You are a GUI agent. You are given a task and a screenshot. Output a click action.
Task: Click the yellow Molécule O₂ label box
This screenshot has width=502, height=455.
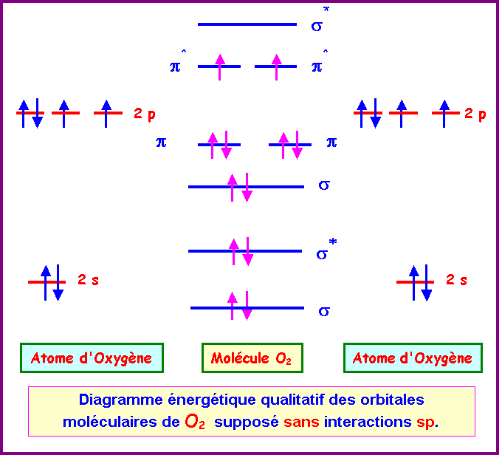click(252, 358)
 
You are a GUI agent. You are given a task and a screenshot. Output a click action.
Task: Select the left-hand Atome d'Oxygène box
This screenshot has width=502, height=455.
click(92, 358)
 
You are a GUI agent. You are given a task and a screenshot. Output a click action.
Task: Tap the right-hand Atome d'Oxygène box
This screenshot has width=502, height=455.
click(413, 358)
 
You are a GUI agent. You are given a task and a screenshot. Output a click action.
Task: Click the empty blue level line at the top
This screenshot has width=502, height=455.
click(247, 24)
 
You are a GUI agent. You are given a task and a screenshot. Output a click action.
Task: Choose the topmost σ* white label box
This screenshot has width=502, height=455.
click(329, 22)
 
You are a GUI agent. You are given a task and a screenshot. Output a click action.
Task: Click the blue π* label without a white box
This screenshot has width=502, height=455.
click(177, 66)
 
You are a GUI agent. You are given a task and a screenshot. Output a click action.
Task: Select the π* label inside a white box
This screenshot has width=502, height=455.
click(329, 64)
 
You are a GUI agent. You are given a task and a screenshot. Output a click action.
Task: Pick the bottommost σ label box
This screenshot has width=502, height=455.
click(329, 308)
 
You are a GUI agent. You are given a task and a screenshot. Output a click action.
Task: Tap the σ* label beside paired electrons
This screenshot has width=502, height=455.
click(334, 251)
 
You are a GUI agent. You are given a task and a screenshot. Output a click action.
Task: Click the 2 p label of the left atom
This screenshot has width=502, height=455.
click(145, 114)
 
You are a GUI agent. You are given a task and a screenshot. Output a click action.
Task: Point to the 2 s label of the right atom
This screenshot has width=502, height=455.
click(456, 280)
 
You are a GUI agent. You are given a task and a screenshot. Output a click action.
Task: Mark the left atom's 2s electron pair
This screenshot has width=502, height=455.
click(51, 282)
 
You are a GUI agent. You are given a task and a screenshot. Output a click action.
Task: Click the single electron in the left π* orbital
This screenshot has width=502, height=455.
click(219, 66)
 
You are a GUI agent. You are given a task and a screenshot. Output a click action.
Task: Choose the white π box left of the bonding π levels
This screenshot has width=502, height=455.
click(173, 141)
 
